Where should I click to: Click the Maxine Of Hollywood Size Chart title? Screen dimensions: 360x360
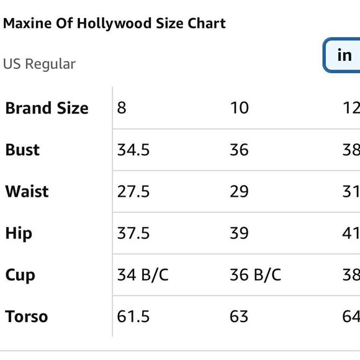(114, 24)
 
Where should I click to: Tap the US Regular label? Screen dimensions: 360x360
(39, 64)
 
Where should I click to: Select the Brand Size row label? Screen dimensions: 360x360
(47, 108)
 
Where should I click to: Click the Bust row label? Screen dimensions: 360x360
(22, 150)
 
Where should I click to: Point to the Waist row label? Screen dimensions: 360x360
(27, 191)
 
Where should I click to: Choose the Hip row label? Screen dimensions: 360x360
(19, 233)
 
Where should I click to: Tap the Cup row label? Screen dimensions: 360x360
(20, 275)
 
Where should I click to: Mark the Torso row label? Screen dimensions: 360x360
(26, 317)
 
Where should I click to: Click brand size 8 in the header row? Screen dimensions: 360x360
(122, 108)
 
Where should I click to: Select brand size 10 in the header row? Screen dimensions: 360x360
(239, 108)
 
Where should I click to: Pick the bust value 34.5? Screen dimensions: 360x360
(133, 150)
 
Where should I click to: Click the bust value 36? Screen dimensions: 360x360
(239, 150)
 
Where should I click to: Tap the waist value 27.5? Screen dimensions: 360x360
(133, 191)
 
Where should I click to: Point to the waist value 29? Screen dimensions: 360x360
(239, 191)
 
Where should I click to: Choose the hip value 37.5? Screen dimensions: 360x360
(133, 233)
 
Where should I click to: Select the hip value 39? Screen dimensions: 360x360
(239, 233)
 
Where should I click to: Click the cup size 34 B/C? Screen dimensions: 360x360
(143, 275)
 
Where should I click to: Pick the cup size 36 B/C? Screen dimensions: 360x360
(255, 275)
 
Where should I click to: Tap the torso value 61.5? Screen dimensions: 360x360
(133, 317)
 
